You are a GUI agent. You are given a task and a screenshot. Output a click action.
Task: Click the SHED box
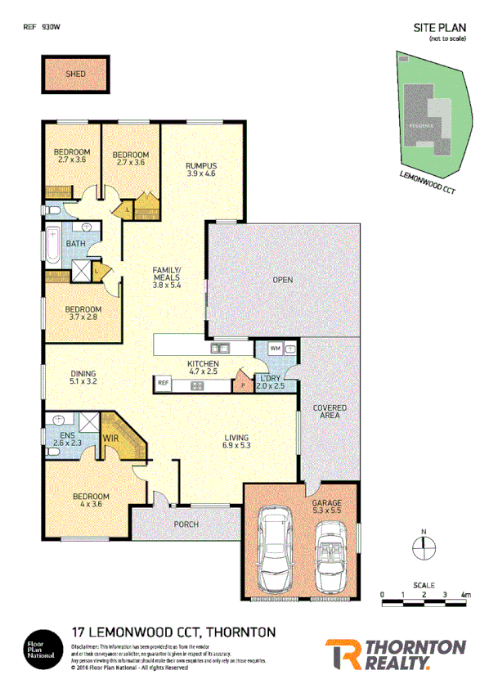[x=75, y=74]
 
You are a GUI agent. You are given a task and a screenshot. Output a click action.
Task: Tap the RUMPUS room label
[x=200, y=168]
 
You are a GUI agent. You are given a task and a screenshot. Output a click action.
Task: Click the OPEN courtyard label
[x=282, y=281]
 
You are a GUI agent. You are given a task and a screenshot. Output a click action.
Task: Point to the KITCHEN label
[x=204, y=367]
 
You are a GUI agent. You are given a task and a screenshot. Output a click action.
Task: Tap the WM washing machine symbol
[x=274, y=349]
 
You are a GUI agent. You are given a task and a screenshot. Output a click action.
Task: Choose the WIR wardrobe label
[x=111, y=439]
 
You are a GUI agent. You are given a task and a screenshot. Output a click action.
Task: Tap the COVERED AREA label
[x=330, y=412]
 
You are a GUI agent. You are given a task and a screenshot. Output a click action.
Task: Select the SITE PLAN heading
[x=439, y=27]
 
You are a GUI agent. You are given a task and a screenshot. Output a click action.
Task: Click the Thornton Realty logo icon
[x=339, y=655]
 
